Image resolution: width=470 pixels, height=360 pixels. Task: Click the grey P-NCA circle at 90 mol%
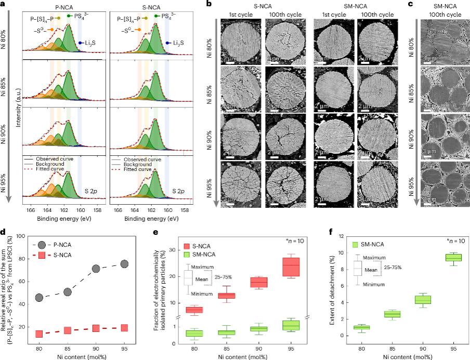(x=82, y=269)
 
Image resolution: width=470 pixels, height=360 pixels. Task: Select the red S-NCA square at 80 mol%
(x=38, y=334)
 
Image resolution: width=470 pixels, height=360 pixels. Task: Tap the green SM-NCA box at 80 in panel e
(x=195, y=333)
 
